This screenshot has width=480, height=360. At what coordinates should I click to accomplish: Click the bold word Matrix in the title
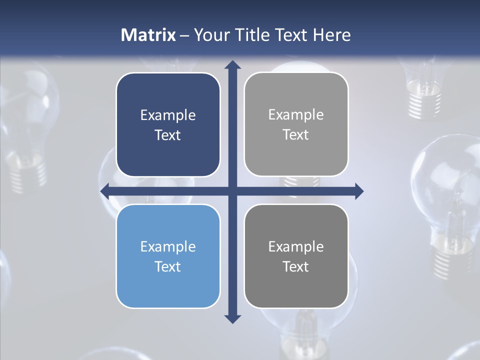point(148,35)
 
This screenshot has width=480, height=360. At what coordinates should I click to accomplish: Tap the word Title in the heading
point(252,35)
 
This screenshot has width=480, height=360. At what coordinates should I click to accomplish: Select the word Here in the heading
point(332,35)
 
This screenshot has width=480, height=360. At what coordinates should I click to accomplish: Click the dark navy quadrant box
point(168,125)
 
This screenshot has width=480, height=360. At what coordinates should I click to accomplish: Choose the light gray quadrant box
point(296,124)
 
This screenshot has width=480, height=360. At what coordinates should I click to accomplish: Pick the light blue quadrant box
point(168,256)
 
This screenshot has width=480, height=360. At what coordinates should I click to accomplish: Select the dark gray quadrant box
point(296,256)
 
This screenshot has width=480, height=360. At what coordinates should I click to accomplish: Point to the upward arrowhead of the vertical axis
point(232,64)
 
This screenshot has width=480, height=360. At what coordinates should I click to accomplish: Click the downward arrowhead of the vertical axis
point(232,318)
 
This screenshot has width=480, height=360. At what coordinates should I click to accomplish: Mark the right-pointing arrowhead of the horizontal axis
point(358,190)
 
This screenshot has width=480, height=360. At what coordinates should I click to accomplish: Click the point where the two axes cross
point(232,190)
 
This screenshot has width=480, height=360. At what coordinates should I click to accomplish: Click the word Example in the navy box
point(168,115)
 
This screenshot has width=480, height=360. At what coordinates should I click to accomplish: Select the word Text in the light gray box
point(296,135)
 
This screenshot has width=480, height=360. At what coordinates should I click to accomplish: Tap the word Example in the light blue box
point(168,247)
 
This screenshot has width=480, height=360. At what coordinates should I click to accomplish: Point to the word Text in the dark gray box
point(296,267)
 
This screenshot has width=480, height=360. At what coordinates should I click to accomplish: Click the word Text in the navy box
point(168,135)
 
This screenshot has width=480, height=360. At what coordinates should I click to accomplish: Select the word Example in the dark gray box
point(296,247)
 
